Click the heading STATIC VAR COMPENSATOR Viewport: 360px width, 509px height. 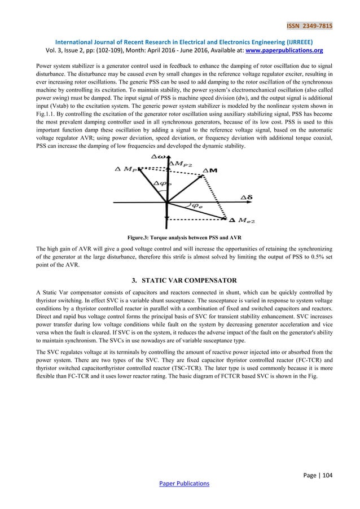[x=185, y=280]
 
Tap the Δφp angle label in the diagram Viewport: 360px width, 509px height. [x=161, y=183]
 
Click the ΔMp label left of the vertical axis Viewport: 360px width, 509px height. [x=125, y=169]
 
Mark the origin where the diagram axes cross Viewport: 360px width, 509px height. [x=166, y=201]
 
